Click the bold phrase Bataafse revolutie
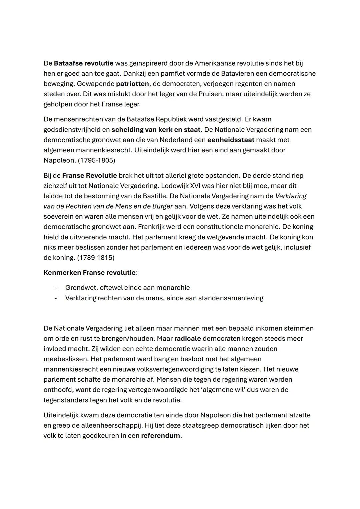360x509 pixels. point(84,63)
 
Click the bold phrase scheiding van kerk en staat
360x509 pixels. point(156,129)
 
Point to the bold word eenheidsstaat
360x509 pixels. point(231,140)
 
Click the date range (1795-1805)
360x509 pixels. point(96,160)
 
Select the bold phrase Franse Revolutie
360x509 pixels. point(89,175)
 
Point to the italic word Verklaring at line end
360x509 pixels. point(290,196)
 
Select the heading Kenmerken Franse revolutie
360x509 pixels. point(89,273)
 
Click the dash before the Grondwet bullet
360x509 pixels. point(56,288)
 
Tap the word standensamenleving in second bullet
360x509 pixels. point(231,298)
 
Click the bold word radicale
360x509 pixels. point(187,339)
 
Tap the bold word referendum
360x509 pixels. point(160,436)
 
